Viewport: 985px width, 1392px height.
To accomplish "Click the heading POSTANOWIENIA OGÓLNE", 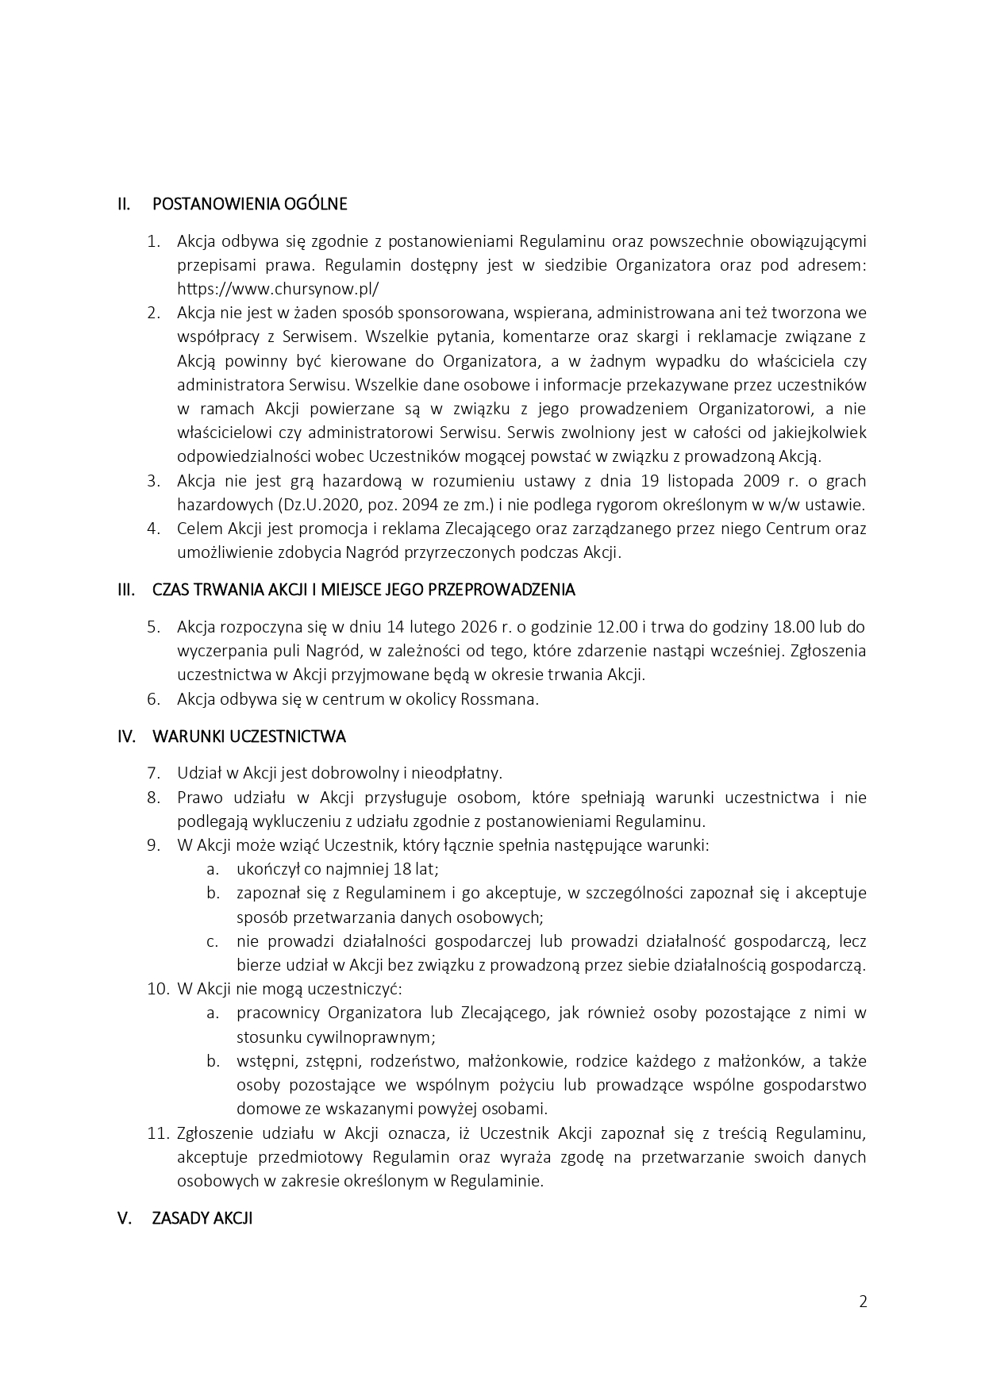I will click(x=249, y=204).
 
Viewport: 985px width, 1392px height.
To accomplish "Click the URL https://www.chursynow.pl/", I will click(x=278, y=289).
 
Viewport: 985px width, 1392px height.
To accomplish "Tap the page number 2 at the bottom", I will click(x=863, y=1302).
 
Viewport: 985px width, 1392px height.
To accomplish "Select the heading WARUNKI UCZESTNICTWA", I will click(x=248, y=736).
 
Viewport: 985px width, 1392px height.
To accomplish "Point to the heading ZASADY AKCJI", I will click(x=202, y=1218).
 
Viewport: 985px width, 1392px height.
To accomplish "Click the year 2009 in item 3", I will click(x=760, y=481).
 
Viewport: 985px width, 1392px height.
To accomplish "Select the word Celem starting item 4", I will click(x=197, y=529).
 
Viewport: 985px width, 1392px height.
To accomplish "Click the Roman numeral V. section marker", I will click(x=125, y=1218).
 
